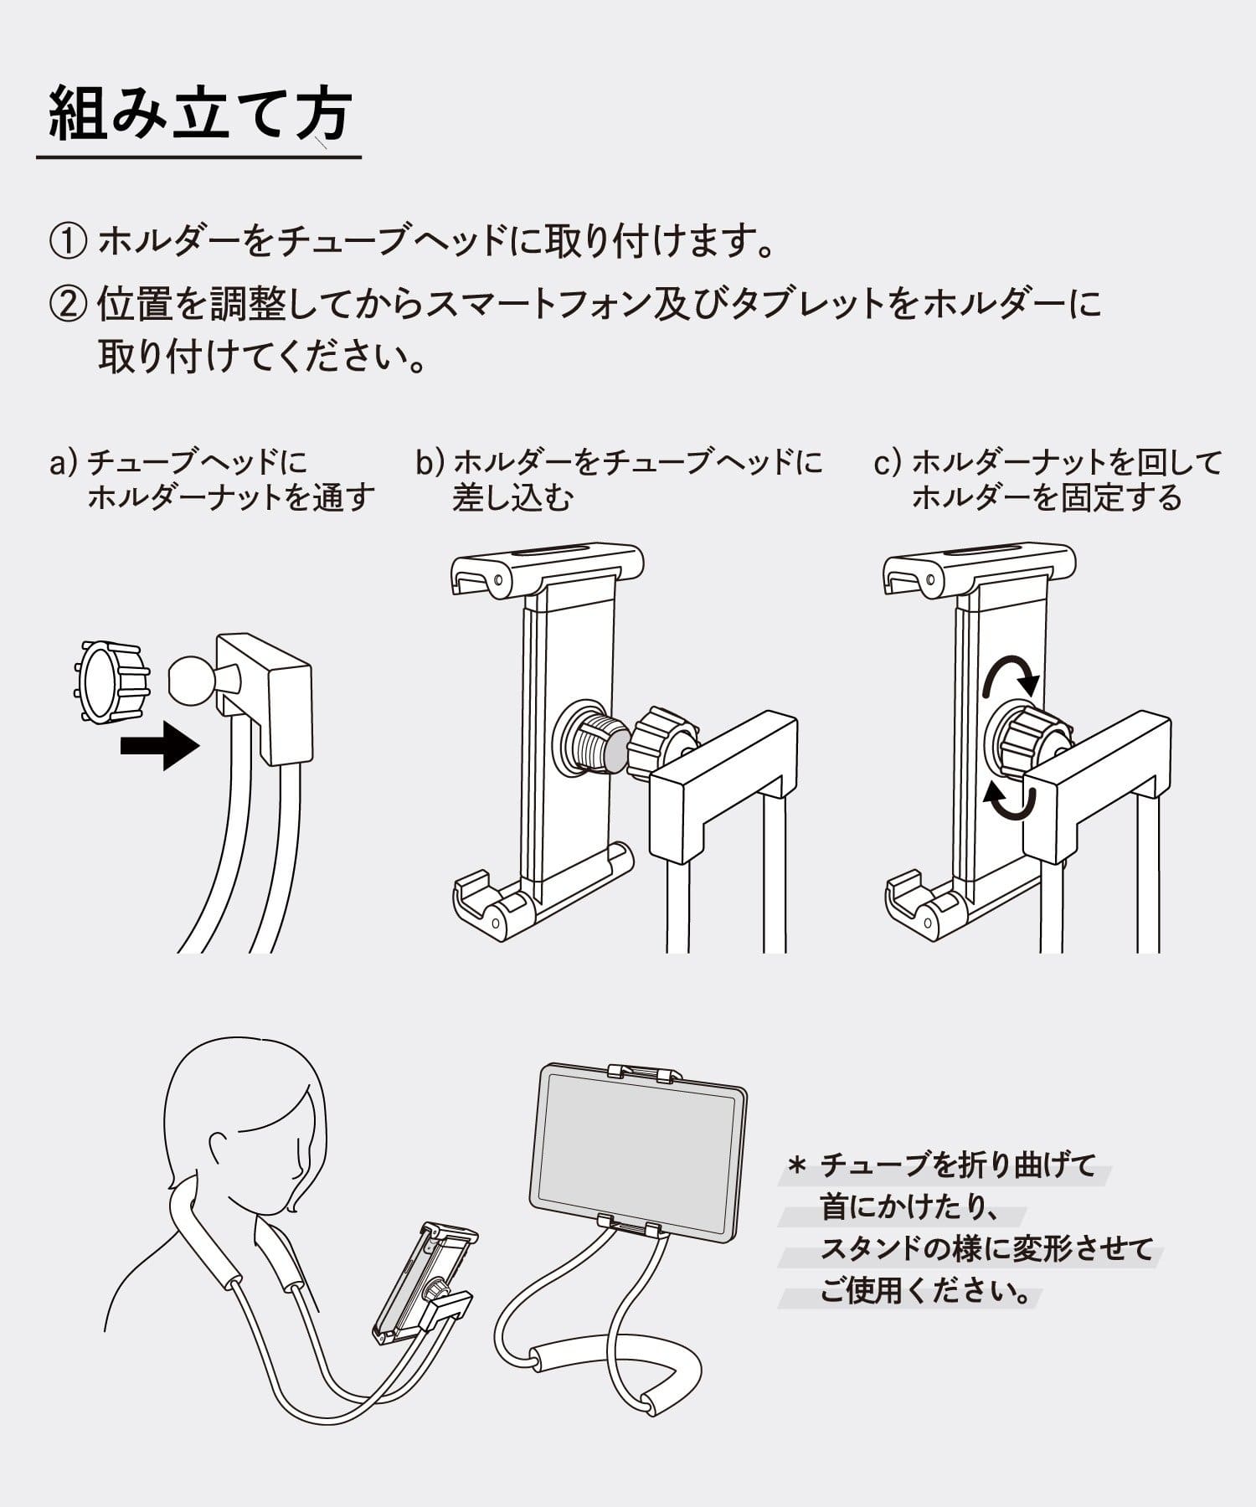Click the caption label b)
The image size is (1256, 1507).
point(430,462)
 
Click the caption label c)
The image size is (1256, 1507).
point(888,462)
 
